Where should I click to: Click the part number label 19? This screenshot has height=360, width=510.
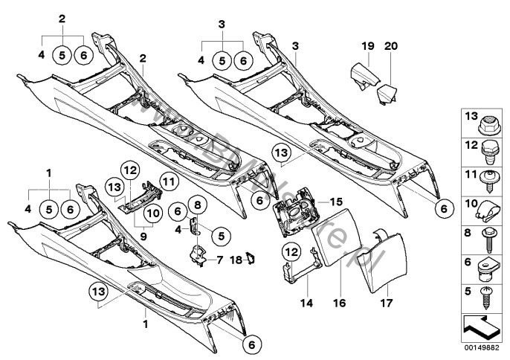pyautogui.click(x=367, y=46)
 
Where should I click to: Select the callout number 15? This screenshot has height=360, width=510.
pyautogui.click(x=336, y=202)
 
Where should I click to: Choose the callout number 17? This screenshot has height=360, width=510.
pyautogui.click(x=386, y=304)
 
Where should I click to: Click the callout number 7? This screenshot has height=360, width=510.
pyautogui.click(x=219, y=260)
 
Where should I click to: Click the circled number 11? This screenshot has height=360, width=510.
pyautogui.click(x=167, y=179)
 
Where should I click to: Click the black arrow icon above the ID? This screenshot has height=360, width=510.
pyautogui.click(x=482, y=325)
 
